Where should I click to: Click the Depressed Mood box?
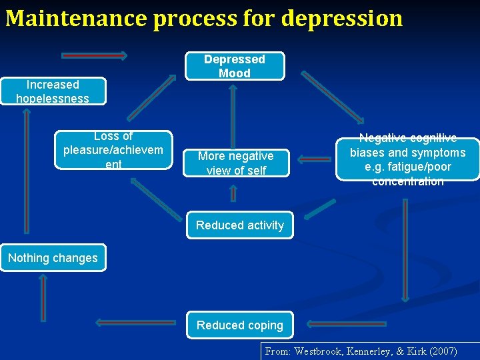235,66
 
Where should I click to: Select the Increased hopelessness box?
53,91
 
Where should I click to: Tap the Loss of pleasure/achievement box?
113,150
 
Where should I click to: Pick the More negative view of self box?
236,163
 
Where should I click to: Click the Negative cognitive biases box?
407,159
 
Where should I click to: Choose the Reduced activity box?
240,225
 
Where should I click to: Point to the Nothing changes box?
53,258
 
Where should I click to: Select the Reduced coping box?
240,325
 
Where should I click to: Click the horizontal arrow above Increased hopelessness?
94,55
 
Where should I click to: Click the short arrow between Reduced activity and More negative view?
233,193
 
